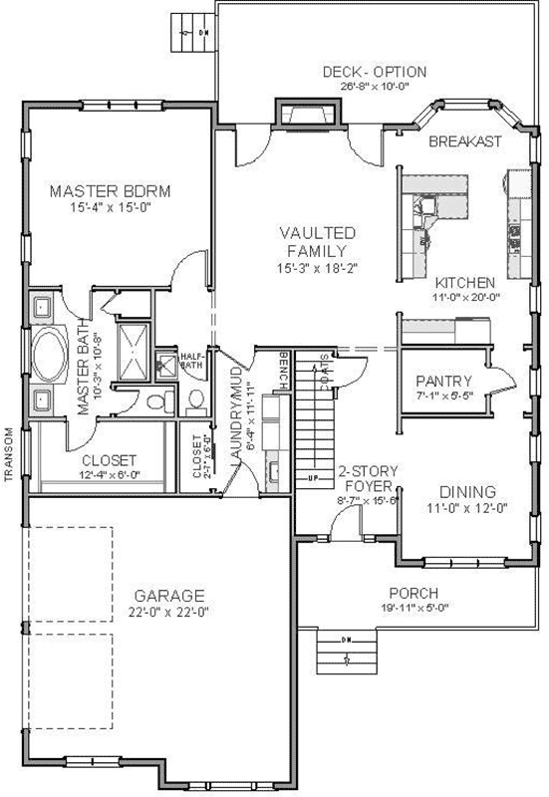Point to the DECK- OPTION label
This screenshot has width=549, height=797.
coord(375,72)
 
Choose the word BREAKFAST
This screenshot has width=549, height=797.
coord(465,142)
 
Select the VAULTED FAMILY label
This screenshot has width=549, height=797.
coord(318,241)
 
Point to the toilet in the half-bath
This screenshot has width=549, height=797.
coord(195,400)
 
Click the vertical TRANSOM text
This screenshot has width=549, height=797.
coord(8,454)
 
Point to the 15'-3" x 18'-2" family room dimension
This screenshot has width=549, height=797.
coord(318,268)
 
